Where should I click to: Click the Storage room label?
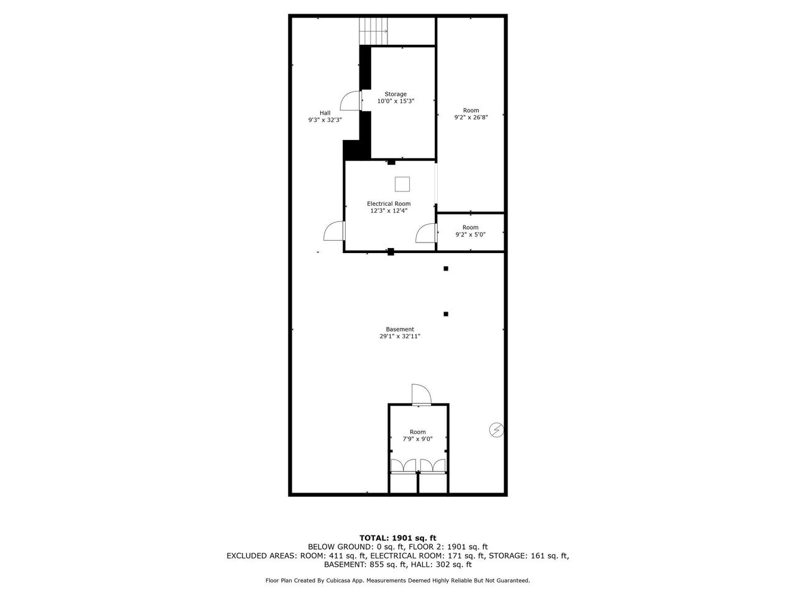[x=396, y=95]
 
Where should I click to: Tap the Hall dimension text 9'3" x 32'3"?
[x=325, y=120]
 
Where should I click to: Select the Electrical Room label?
[x=389, y=204]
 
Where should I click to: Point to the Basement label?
[x=400, y=329]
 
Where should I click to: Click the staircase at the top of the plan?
[x=374, y=31]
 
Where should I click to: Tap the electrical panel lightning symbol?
[x=496, y=430]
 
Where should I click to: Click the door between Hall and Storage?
[x=351, y=100]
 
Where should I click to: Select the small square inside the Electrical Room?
[x=402, y=184]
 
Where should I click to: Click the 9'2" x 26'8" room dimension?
[x=471, y=117]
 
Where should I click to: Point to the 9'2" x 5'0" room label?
[x=470, y=227]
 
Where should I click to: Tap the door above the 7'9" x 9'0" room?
[x=422, y=395]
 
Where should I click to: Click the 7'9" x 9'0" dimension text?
[x=418, y=439]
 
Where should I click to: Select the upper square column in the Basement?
[x=446, y=269]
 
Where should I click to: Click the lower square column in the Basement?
[x=446, y=314]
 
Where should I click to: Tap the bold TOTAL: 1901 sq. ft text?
[x=398, y=538]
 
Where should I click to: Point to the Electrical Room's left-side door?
[x=335, y=231]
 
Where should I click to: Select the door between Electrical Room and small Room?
[x=427, y=233]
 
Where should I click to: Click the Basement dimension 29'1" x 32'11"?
[x=400, y=336]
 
